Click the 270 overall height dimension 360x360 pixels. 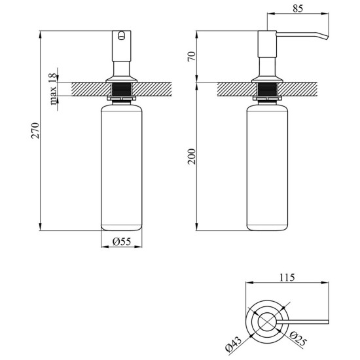pos(35,130)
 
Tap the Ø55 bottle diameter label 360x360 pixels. pos(122,242)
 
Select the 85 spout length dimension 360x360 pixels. pos(298,9)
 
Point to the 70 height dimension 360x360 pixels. pos(192,56)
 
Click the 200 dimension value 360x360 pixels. pos(192,156)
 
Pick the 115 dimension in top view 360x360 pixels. pos(287,278)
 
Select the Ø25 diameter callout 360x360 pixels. pos(298,339)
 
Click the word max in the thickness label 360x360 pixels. pos(53,96)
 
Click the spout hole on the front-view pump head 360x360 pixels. pos(122,35)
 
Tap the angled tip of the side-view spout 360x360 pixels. pos(327,37)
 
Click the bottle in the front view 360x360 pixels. pos(122,168)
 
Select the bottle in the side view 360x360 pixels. pos(267,168)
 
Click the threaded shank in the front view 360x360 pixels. pos(122,90)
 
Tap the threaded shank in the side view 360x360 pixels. pos(267,90)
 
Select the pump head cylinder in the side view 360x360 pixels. pos(267,44)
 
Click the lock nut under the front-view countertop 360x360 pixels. pos(122,98)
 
